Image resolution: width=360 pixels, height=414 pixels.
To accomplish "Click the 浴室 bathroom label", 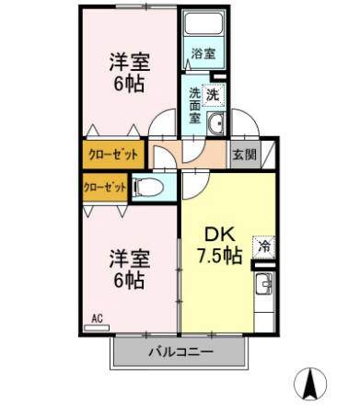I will pos(203,53).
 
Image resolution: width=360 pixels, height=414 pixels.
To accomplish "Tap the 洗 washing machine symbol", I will pos(213,93).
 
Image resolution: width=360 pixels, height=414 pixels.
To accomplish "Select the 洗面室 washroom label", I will pos(195,105).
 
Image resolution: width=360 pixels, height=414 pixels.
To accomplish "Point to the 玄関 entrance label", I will pos(243,155).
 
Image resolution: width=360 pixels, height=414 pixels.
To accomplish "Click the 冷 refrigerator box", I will pos(264,246).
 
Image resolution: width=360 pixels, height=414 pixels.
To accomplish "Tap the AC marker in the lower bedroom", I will pos(96,319).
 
